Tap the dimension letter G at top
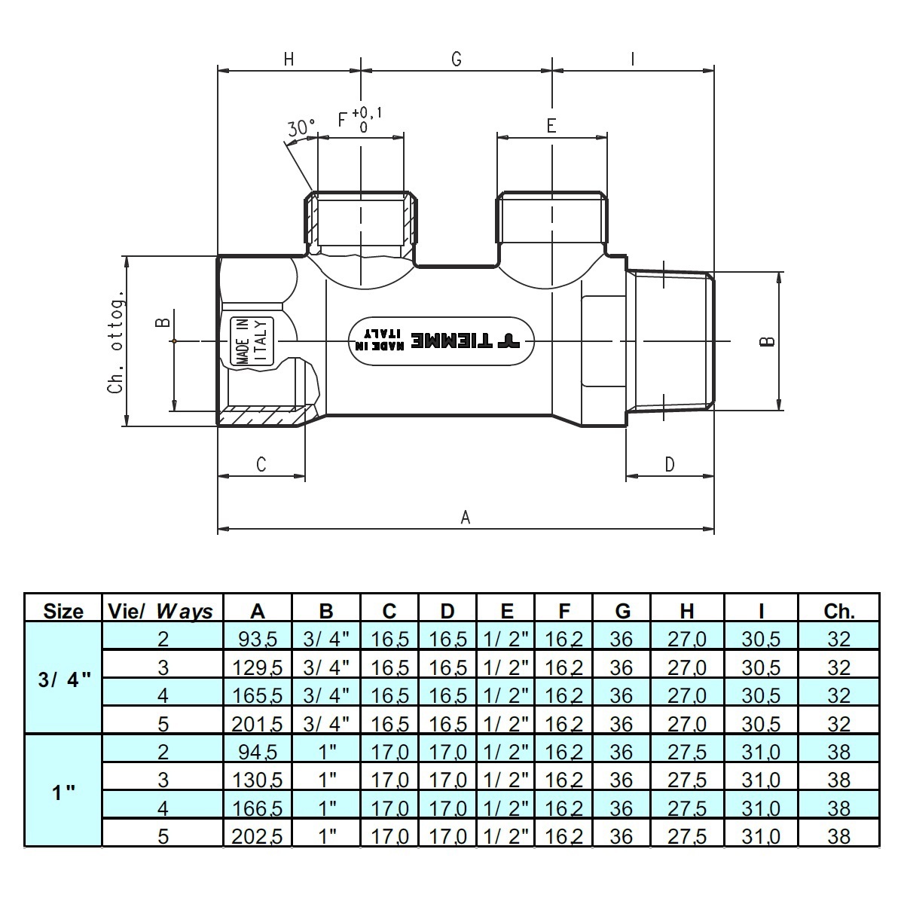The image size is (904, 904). click(457, 60)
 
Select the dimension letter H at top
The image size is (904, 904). click(289, 60)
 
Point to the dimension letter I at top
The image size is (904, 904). click(633, 60)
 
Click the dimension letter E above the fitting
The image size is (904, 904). click(551, 125)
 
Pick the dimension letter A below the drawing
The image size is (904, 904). click(466, 517)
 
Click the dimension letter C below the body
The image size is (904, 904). click(261, 464)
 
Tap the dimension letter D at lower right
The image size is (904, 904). click(670, 464)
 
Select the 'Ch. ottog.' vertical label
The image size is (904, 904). click(115, 341)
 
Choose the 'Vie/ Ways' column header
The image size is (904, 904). click(161, 610)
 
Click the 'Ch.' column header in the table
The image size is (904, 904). click(839, 610)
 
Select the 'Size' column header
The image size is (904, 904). click(63, 610)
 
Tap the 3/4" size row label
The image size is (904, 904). click(63, 676)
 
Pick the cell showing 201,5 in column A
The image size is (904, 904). click(257, 724)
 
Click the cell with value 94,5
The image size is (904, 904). click(257, 752)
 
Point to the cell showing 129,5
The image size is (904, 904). click(257, 667)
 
